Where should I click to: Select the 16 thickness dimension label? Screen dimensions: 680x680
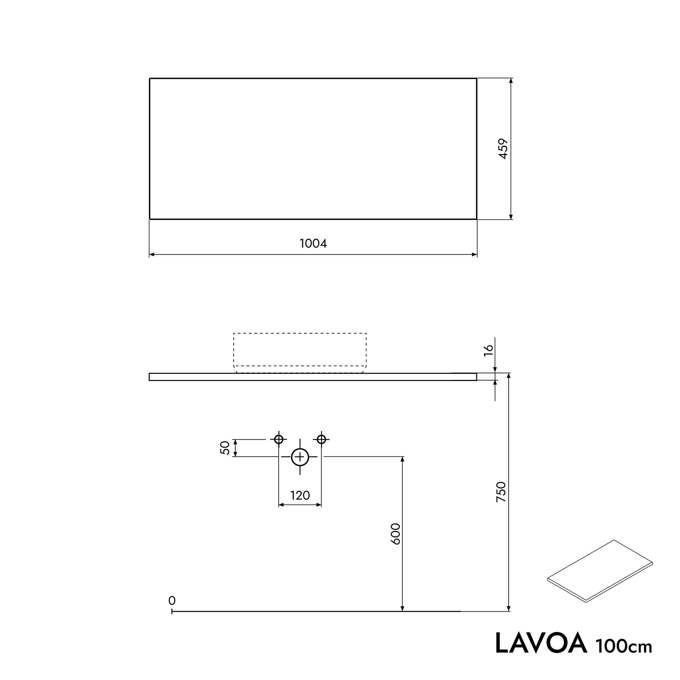tap(489, 350)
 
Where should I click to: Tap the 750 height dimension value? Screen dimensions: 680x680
tap(500, 492)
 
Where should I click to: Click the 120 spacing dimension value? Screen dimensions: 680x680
tap(300, 496)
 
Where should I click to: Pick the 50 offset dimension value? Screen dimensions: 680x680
tap(225, 448)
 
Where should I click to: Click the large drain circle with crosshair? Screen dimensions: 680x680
tap(300, 457)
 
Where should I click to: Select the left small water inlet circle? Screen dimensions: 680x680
tap(279, 439)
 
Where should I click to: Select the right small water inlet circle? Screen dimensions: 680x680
tap(321, 439)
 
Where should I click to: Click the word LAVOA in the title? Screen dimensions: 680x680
tap(541, 643)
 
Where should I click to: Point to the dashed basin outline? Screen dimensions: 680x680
tap(300, 352)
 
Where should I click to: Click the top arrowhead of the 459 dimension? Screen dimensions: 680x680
tap(511, 81)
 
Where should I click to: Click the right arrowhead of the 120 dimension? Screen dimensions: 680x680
tap(319, 505)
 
